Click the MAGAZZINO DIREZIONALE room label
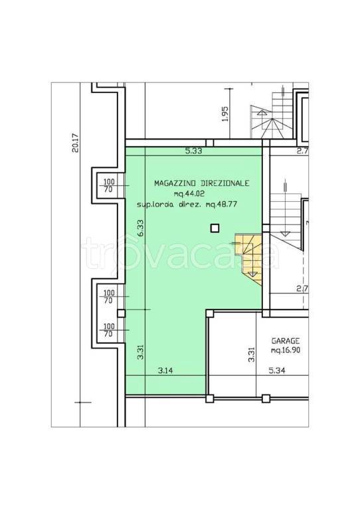202,183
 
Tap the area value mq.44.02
189,194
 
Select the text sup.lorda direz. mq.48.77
187,205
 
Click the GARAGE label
285,341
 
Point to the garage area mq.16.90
285,351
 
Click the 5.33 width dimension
193,151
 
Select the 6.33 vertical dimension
141,229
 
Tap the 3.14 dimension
165,370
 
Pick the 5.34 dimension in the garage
277,370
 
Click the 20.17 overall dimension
76,143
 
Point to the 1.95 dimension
225,114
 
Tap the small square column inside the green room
215,228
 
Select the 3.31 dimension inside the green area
141,351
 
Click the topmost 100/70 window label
109,186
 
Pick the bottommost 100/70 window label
109,330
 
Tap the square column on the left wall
122,313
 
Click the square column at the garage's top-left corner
210,313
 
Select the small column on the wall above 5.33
210,143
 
